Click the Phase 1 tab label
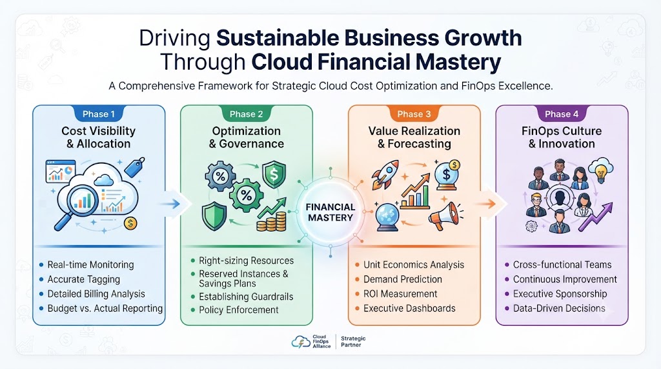point(99,114)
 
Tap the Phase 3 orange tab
point(414,114)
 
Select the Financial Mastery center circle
point(330,212)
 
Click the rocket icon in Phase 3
point(385,174)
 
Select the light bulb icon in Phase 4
point(601,169)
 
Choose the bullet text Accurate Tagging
point(83,279)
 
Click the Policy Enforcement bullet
point(239,310)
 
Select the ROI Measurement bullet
point(400,294)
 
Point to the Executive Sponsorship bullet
point(560,294)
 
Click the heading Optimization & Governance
point(246,137)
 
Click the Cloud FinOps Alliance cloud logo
point(301,342)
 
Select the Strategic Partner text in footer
point(353,342)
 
